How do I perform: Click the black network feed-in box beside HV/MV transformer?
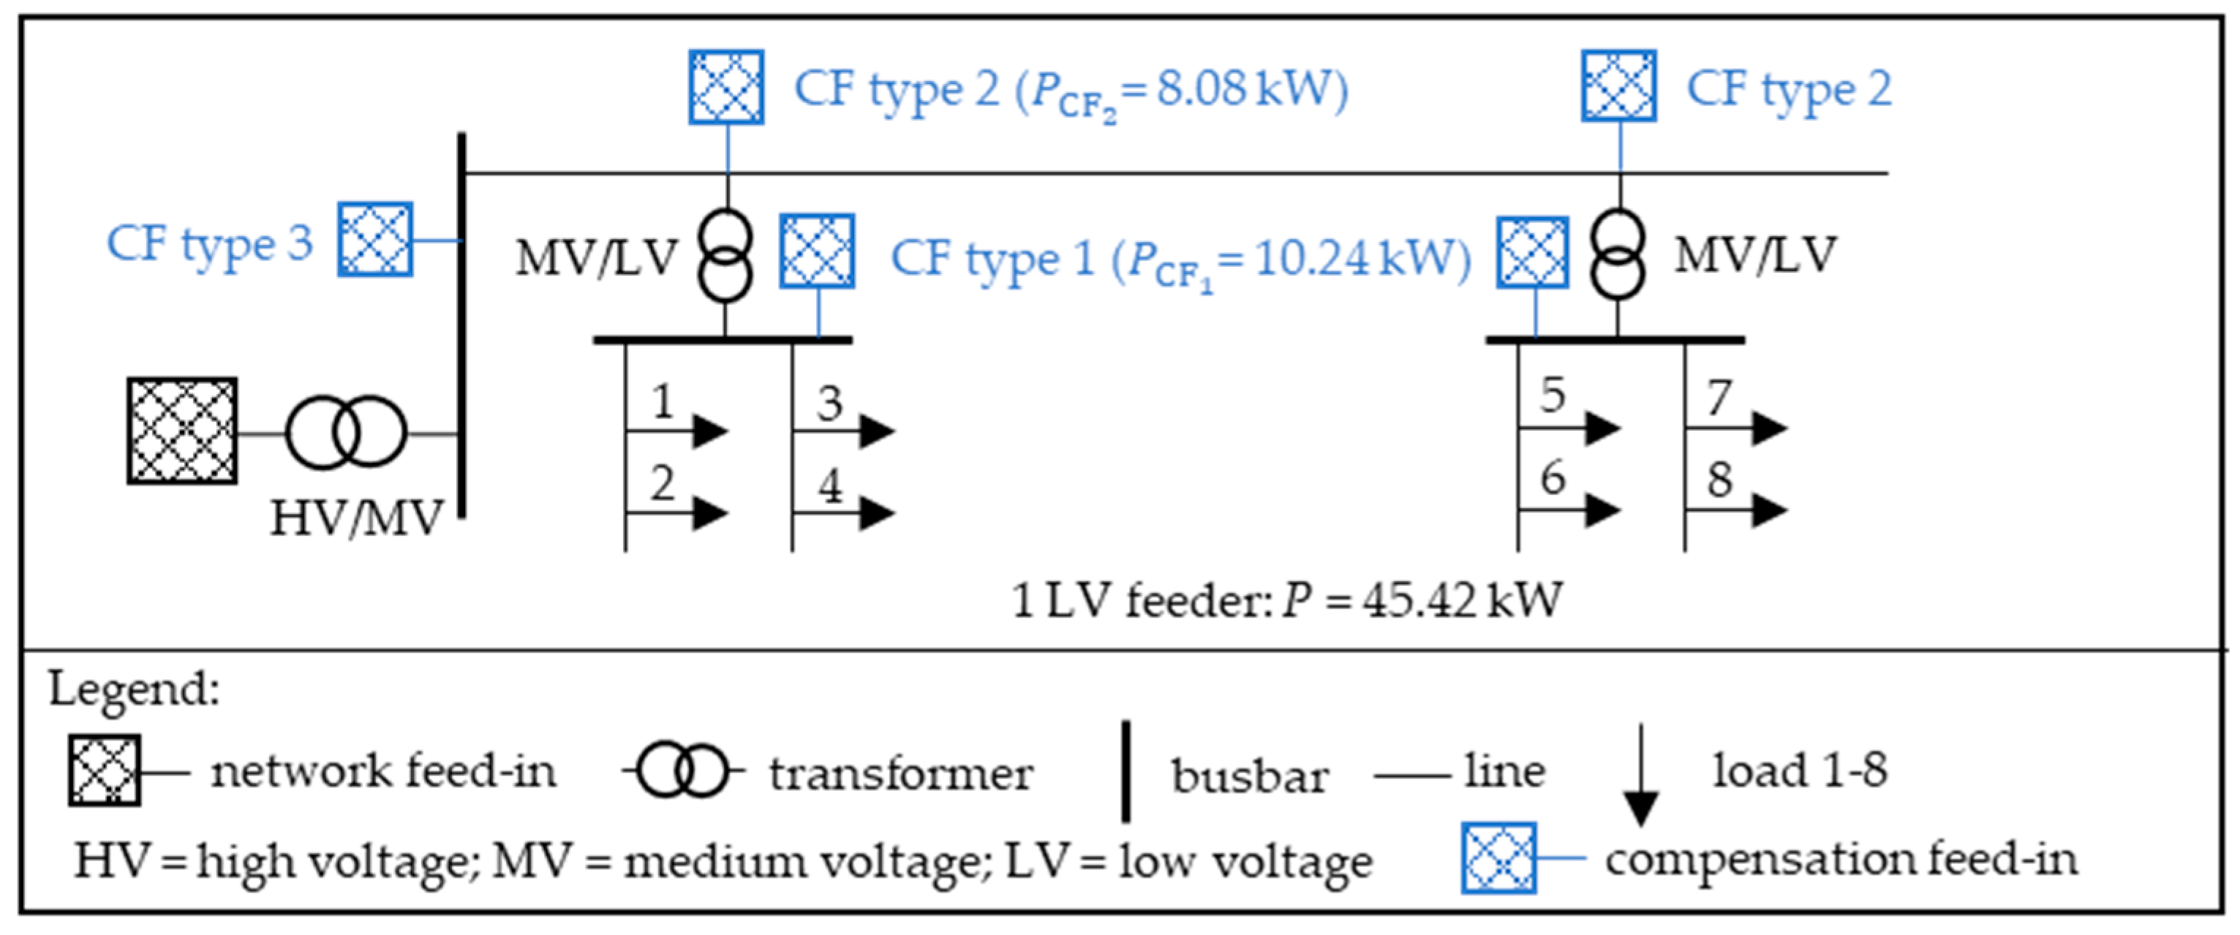(x=182, y=431)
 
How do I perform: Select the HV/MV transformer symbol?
(x=346, y=433)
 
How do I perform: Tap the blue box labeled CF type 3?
(x=374, y=240)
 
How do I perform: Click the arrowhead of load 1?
(x=709, y=430)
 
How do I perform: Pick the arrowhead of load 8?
(x=1769, y=510)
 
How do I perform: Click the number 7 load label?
(x=1719, y=398)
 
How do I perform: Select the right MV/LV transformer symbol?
(x=1618, y=254)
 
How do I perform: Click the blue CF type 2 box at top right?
(x=1618, y=86)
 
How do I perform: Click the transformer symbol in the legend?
(x=682, y=770)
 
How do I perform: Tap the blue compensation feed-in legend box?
(x=1498, y=858)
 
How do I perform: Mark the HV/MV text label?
(x=357, y=520)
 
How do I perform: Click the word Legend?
(x=134, y=689)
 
